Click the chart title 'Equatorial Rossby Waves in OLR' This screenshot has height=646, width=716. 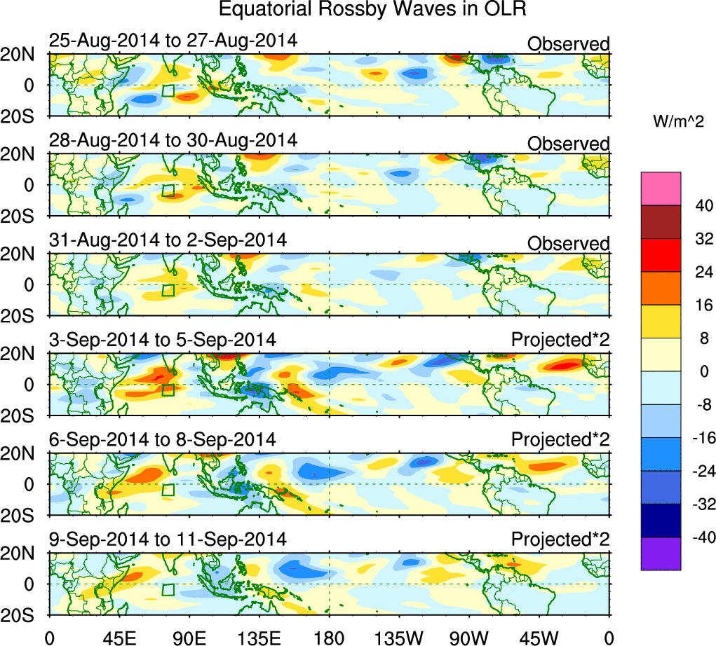[372, 10]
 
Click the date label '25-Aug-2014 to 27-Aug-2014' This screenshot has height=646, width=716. [173, 41]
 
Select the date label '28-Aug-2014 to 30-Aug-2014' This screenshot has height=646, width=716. [173, 140]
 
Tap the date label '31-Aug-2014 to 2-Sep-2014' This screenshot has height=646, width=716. [168, 240]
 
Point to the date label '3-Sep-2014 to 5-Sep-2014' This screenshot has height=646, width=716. [162, 340]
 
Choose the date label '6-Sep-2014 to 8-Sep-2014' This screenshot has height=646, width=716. [162, 440]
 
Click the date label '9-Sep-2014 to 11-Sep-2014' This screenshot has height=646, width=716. [168, 540]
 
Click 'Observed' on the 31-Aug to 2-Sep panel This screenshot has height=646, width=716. [568, 244]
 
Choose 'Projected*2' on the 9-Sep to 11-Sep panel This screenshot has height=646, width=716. [560, 540]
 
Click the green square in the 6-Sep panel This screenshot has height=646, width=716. [168, 490]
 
